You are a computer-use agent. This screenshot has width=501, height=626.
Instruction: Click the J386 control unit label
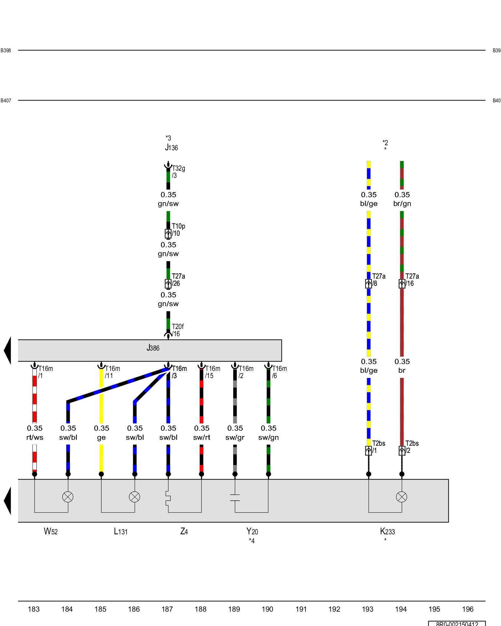tap(153, 348)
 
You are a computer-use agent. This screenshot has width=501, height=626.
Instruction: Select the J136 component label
tap(171, 147)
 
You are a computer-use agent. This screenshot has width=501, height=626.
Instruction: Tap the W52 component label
tap(51, 531)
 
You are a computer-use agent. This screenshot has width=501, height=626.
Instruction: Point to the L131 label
tap(121, 531)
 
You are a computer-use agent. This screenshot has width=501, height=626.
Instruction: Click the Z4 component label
tap(184, 531)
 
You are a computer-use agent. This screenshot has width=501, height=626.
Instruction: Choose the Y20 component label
tap(252, 531)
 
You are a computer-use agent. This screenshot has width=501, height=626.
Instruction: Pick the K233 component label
tap(387, 531)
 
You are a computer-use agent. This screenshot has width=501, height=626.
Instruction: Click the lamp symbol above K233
tap(402, 497)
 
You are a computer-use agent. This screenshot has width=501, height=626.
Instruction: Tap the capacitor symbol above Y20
tap(235, 498)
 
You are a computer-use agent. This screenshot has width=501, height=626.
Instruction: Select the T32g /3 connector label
tap(178, 172)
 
